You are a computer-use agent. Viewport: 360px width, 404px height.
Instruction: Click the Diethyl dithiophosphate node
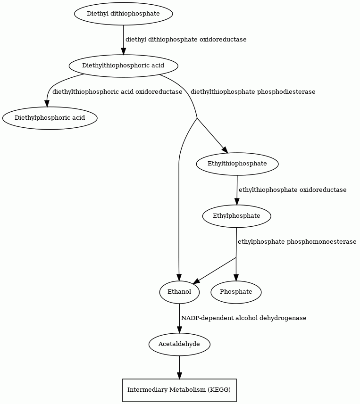(x=123, y=14)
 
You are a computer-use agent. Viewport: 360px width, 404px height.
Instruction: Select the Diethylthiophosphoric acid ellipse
(x=123, y=66)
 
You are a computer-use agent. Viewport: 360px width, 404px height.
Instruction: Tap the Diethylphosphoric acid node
(x=50, y=118)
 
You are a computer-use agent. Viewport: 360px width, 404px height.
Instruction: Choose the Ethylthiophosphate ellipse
(x=237, y=164)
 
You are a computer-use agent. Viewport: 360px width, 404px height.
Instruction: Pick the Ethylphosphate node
(x=237, y=216)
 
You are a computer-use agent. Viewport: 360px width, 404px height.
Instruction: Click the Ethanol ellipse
(x=179, y=292)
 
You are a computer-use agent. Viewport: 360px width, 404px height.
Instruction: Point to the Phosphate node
(x=236, y=292)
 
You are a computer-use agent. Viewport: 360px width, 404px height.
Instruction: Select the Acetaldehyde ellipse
(x=179, y=344)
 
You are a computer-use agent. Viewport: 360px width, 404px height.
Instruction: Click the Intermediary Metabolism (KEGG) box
(x=179, y=390)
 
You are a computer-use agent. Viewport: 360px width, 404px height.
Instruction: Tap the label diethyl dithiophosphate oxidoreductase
(x=186, y=40)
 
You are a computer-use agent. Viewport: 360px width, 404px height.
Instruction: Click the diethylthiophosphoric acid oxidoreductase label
(x=117, y=92)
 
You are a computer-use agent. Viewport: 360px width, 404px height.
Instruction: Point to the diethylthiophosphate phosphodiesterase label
(x=253, y=92)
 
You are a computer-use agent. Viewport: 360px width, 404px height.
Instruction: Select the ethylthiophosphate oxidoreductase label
(x=293, y=190)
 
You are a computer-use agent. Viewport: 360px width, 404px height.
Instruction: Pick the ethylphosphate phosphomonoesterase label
(x=297, y=242)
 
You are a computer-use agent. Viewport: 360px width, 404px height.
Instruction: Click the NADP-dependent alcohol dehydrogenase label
(x=244, y=318)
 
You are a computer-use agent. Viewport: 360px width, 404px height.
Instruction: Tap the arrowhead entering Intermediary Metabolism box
(x=179, y=375)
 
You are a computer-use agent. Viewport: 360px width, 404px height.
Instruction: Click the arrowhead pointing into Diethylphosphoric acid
(x=47, y=103)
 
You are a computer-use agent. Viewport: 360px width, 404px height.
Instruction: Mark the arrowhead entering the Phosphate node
(x=236, y=278)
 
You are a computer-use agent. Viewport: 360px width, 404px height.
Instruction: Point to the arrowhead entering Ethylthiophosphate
(x=225, y=150)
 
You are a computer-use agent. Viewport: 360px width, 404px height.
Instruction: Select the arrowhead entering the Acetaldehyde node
(x=179, y=330)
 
